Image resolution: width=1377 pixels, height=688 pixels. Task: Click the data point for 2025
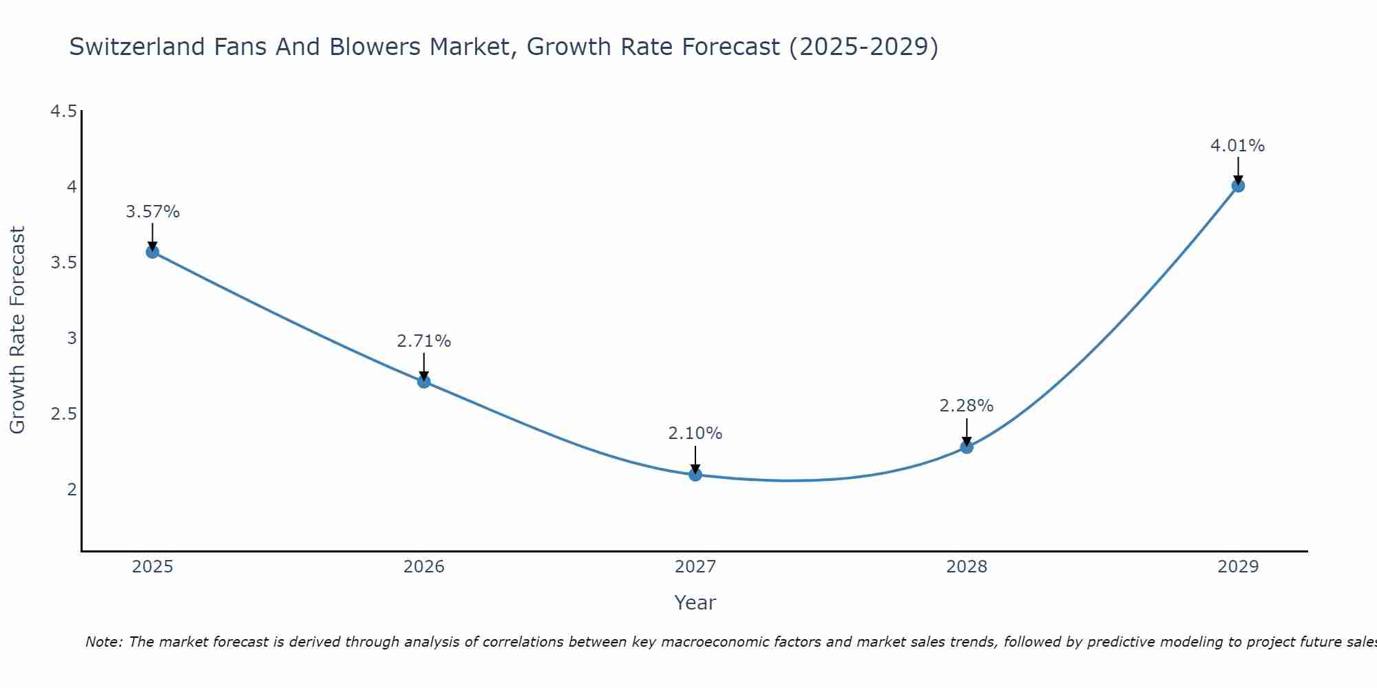coord(152,252)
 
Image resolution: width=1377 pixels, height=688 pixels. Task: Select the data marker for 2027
coord(695,474)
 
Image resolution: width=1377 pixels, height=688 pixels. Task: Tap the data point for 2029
coord(1238,185)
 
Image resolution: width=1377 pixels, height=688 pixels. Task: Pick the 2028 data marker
coord(967,447)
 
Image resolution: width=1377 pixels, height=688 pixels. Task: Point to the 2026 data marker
coord(424,382)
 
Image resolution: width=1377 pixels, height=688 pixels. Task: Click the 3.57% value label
coord(152,212)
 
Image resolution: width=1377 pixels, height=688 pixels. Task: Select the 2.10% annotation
coord(695,433)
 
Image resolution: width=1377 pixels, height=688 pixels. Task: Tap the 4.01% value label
coord(1238,146)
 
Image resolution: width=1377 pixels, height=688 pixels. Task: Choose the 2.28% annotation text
coord(967,406)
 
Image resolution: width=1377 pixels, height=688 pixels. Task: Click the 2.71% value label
coord(424,341)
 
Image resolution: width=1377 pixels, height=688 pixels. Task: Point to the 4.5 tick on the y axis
coord(63,111)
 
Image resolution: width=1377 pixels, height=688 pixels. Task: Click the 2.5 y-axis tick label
coord(63,414)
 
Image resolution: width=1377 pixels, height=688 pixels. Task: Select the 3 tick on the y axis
coord(71,338)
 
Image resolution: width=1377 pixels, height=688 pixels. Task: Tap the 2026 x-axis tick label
coord(424,567)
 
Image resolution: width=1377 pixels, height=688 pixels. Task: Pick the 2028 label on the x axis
coord(967,567)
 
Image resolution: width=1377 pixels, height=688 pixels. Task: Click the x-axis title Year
coord(695,603)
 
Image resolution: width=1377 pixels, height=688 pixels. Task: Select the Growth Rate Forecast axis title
coord(18,330)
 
